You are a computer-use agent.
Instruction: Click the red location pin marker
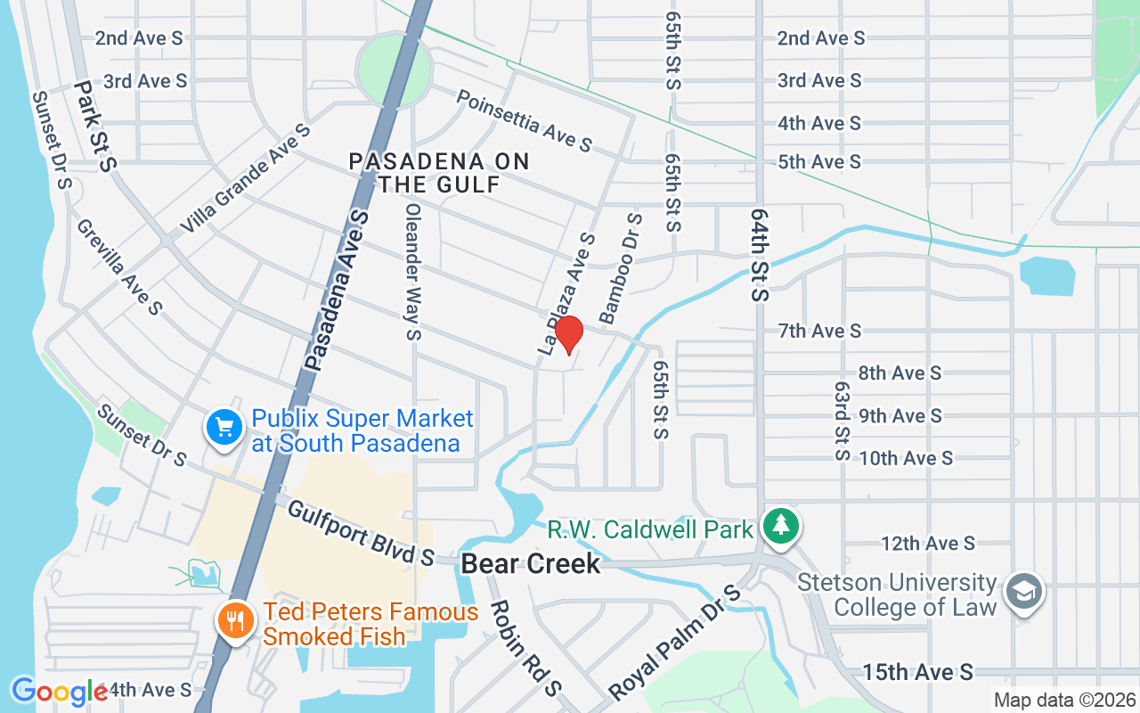[x=568, y=335]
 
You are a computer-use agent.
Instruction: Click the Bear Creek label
[x=531, y=564]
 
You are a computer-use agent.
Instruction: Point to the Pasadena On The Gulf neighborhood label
[x=438, y=173]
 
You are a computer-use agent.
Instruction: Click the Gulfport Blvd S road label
[x=361, y=533]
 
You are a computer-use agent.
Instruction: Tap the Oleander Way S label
[x=412, y=272]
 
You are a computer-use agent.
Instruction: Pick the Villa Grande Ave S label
[x=245, y=179]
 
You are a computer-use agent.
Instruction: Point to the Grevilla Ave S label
[x=118, y=266]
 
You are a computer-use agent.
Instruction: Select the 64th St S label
[x=759, y=255]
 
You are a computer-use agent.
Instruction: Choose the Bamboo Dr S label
[x=621, y=267]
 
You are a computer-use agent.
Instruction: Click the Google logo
[x=59, y=692]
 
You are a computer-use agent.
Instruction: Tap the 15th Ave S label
[x=917, y=673]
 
